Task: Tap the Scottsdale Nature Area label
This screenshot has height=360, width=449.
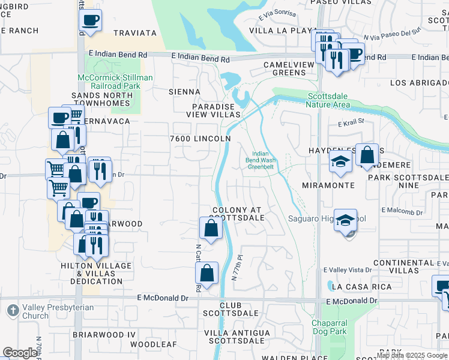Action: [328, 100]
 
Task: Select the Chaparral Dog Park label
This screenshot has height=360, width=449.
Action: [329, 328]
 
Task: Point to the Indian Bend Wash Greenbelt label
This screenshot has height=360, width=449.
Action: [261, 160]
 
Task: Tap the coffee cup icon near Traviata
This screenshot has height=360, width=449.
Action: [90, 20]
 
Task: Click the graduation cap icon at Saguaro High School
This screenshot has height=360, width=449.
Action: [346, 220]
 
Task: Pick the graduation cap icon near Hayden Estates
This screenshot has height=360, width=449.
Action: [340, 161]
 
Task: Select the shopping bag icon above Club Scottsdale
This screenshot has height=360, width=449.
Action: [206, 274]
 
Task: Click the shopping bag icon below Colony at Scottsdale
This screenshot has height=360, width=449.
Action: [211, 229]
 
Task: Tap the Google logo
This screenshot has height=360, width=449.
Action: [20, 353]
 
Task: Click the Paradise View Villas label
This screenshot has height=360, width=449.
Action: [213, 110]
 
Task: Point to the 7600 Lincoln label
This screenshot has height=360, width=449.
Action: [200, 139]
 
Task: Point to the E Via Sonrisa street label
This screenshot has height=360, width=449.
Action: [278, 13]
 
